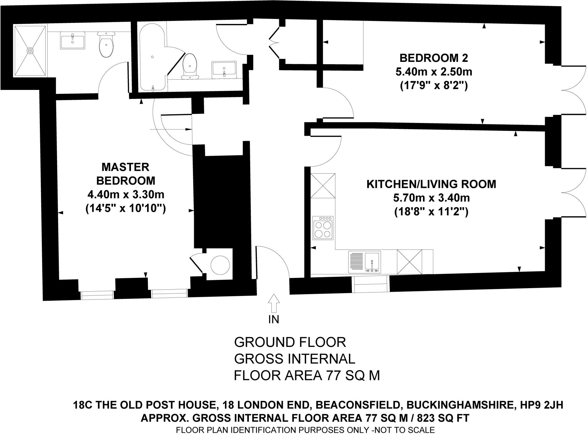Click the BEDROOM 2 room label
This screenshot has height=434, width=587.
[x=434, y=58]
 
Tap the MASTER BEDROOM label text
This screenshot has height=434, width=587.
[x=126, y=174]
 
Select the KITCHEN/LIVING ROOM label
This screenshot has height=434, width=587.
[x=431, y=184]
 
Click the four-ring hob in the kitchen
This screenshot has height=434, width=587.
[x=323, y=228]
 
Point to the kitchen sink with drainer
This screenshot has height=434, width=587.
[x=365, y=262]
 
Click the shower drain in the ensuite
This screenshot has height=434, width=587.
[x=30, y=50]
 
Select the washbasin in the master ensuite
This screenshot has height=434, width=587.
[x=73, y=40]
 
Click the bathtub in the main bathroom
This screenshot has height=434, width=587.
[x=152, y=57]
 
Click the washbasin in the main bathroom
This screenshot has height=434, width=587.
[x=224, y=69]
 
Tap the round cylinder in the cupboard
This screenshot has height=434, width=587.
[x=220, y=265]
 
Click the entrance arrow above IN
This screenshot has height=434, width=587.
[x=274, y=303]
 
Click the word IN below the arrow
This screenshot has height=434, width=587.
[x=274, y=319]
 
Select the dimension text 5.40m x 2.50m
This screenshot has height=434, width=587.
[x=434, y=72]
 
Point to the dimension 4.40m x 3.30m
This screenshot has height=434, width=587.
[x=126, y=195]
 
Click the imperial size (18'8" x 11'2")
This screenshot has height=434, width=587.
[x=431, y=212]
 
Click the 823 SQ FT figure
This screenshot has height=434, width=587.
[x=443, y=418]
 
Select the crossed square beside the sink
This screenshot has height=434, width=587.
[x=409, y=262]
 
